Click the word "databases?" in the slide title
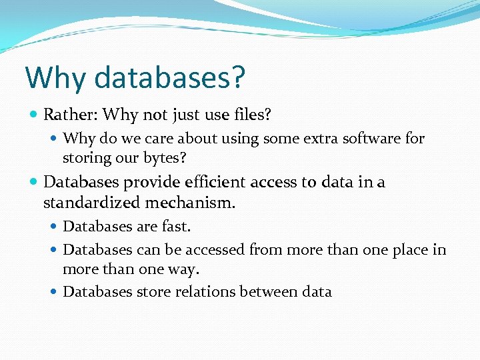pos(169,78)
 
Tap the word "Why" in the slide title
pos(55,78)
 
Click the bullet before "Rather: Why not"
pos(33,115)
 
